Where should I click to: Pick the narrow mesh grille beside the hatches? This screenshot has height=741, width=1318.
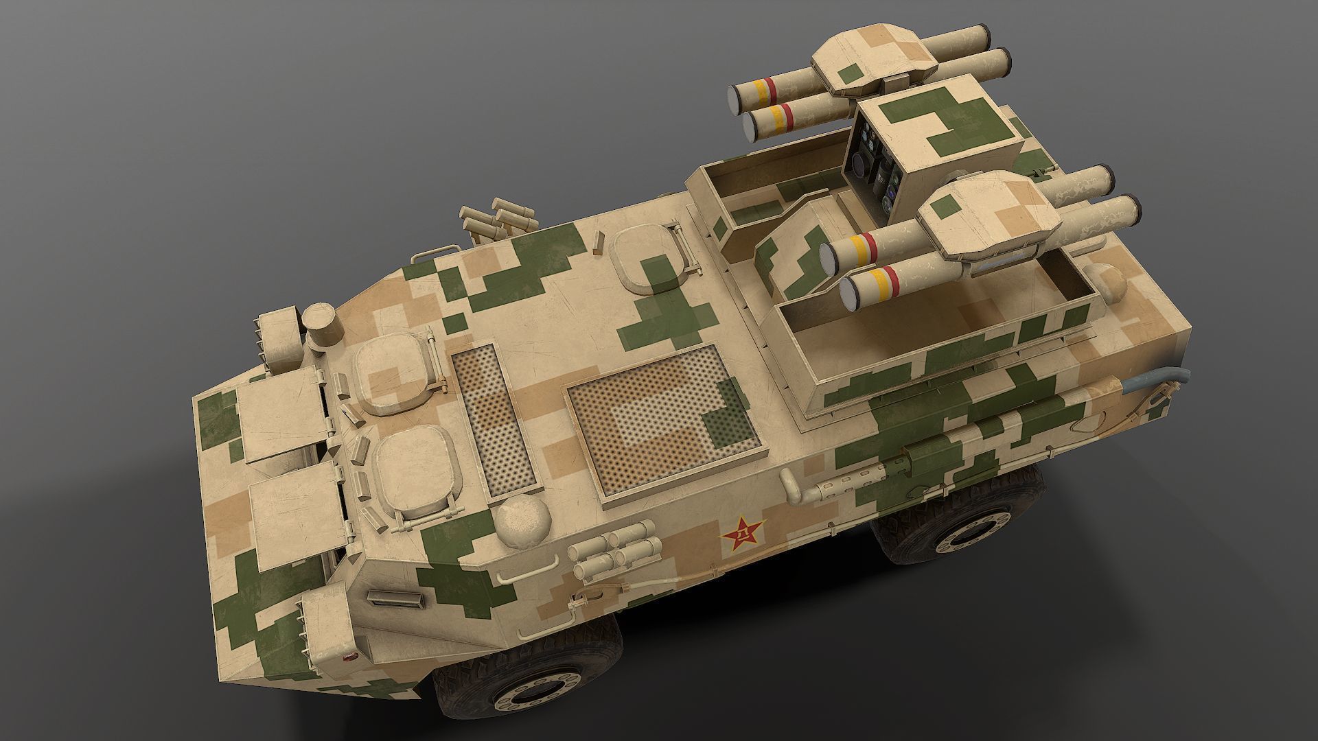(x=496, y=419)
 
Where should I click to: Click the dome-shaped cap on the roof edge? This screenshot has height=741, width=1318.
(x=524, y=519)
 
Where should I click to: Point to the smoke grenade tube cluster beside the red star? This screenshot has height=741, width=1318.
(x=612, y=550)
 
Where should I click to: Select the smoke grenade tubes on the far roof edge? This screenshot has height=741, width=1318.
(x=496, y=218)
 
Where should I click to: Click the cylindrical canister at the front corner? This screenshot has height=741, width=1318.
(x=323, y=326)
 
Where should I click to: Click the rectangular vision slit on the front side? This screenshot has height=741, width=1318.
(x=396, y=598)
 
